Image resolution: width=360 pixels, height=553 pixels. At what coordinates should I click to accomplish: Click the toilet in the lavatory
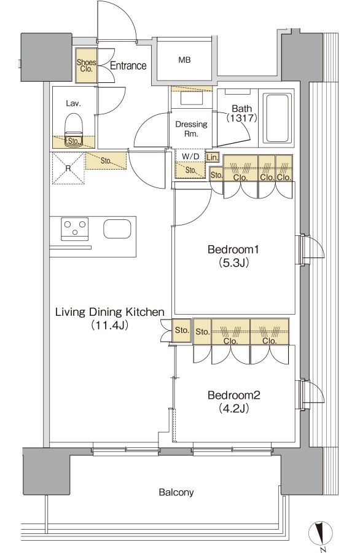(x=74, y=125)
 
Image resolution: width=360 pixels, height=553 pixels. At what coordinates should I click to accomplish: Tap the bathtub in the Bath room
(x=278, y=118)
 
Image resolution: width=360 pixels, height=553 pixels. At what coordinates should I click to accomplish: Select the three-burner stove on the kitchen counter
(x=75, y=229)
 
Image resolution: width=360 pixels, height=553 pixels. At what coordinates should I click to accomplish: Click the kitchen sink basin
(x=117, y=229)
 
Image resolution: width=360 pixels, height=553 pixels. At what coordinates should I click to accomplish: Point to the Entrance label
(x=128, y=66)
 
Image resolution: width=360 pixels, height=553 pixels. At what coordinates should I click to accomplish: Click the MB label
(x=184, y=60)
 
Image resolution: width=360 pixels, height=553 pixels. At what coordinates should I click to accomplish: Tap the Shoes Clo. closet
(x=87, y=66)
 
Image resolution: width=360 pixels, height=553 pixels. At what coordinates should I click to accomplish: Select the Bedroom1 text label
(x=233, y=249)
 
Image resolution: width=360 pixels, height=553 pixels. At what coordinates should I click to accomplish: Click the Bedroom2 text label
(x=234, y=395)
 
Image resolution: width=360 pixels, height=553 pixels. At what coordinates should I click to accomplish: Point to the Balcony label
(x=176, y=492)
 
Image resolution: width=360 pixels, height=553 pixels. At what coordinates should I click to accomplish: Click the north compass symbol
(x=321, y=533)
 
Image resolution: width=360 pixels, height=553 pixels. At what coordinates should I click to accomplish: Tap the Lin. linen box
(x=213, y=157)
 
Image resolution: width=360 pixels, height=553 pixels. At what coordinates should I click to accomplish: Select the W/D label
(x=190, y=156)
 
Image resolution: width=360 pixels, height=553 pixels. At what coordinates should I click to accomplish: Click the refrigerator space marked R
(x=69, y=168)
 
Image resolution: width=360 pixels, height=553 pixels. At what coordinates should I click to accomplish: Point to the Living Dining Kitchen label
(x=110, y=312)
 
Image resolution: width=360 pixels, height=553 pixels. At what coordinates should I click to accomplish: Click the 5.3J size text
(x=234, y=263)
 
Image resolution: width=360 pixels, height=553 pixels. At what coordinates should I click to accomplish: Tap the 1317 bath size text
(x=241, y=118)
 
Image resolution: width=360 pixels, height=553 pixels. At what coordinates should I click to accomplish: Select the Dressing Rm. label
(x=192, y=129)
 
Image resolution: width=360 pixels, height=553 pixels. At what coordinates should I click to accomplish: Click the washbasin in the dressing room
(x=192, y=98)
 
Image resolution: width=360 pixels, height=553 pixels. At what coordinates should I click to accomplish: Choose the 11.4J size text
(x=109, y=325)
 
